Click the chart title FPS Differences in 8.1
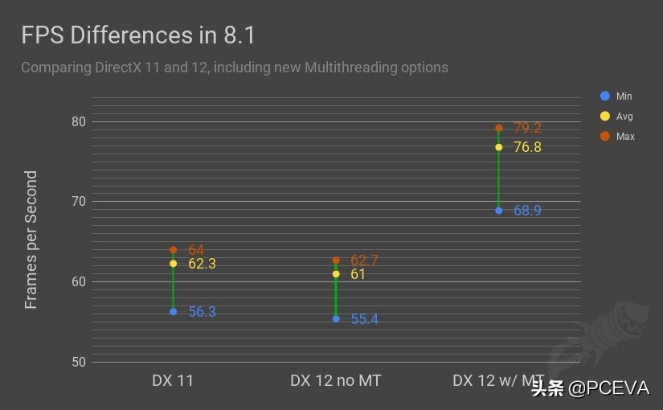138,36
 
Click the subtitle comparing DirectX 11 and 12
234,68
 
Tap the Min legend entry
616,96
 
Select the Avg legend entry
616,117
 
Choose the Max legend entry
616,137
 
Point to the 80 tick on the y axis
77,122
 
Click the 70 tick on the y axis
77,202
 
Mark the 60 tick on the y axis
77,281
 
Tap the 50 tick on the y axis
77,362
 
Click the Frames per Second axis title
31,240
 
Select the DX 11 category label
173,380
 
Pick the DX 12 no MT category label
335,380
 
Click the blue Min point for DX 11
174,312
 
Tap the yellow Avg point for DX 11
174,264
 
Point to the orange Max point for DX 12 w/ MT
499,128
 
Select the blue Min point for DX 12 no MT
336,319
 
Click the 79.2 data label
527,128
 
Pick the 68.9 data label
527,211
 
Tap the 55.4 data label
364,319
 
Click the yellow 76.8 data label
527,147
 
